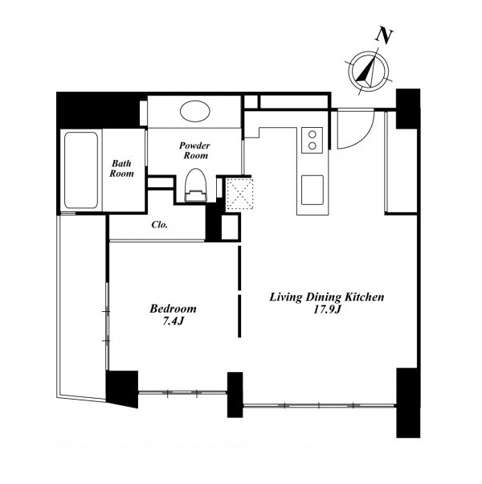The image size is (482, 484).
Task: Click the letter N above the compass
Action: coord(384,36)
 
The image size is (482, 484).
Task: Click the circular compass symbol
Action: coord(369,71)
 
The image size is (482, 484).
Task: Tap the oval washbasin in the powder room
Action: coord(195,111)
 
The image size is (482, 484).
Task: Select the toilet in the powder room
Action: coord(195,185)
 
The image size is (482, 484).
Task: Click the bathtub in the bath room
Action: coord(81,170)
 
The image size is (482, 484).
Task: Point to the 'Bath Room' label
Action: coord(122,168)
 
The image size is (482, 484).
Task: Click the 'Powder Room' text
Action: coord(195,150)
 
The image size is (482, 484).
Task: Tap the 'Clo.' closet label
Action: coord(159,224)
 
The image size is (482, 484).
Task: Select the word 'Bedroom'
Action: coord(173,309)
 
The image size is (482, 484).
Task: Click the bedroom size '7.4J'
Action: coord(174,322)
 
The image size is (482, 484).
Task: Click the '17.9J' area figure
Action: coord(327,310)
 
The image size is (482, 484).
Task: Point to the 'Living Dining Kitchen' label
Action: coord(327,297)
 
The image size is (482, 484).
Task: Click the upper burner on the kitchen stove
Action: coord(312,134)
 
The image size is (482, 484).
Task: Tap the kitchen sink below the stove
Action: coord(312,190)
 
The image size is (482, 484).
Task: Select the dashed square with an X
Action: coord(239,194)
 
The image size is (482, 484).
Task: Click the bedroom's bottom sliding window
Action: coord(182,393)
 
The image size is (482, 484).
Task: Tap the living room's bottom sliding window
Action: coord(319,405)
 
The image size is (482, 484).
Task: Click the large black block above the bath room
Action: coord(98,110)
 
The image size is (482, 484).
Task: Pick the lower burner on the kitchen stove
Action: coord(312,146)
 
